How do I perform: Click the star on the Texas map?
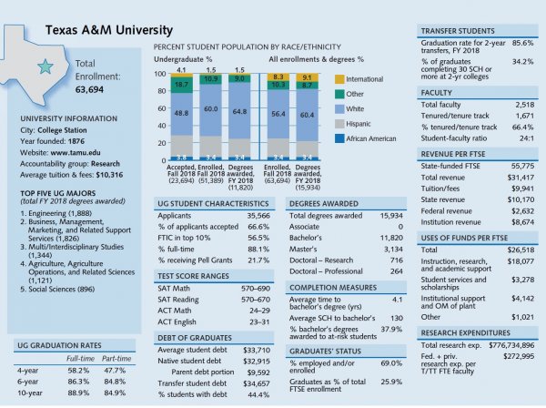point(43,66)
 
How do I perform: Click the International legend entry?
point(365,78)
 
